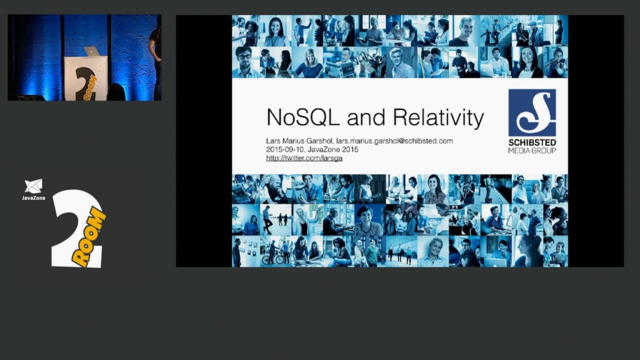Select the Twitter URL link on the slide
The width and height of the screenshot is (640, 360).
point(304,158)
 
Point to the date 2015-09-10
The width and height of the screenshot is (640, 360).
point(284,150)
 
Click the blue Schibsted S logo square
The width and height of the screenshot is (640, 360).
point(532,112)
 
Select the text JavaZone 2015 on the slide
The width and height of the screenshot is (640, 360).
point(335,150)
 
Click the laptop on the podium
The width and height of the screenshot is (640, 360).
point(91,51)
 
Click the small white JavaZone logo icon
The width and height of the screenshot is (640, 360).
point(34,186)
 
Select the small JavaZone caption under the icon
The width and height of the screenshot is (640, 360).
point(34,198)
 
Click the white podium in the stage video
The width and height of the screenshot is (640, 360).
point(86,78)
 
